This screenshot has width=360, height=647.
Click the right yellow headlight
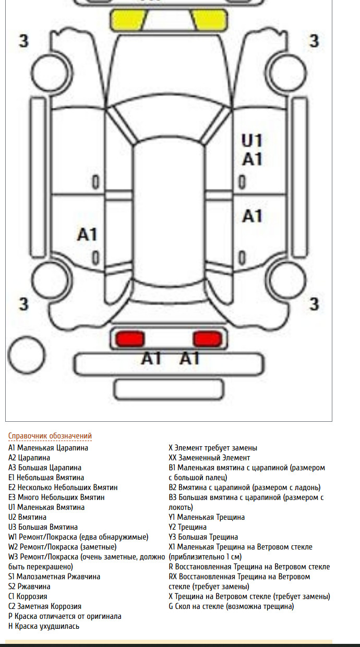click(x=210, y=20)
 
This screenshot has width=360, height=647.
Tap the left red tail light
click(x=130, y=339)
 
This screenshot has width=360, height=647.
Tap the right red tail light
click(x=208, y=339)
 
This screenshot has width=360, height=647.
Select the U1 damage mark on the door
click(x=252, y=141)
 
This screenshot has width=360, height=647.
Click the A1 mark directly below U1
click(x=252, y=159)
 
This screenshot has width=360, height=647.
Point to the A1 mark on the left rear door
click(x=87, y=234)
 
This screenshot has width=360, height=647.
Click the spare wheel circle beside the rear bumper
click(x=27, y=355)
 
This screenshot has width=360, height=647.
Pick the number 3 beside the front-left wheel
click(x=24, y=41)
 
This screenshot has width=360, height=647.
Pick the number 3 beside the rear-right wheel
click(x=314, y=304)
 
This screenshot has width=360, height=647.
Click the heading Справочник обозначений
click(x=50, y=436)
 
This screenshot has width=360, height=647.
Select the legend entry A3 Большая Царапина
click(x=45, y=467)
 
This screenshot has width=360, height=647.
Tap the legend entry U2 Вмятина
click(x=28, y=517)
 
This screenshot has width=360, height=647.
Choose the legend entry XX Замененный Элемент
click(x=209, y=458)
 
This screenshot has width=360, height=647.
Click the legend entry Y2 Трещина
click(x=188, y=527)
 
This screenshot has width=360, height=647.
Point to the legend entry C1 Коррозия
click(x=28, y=596)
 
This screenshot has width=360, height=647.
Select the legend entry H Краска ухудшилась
click(x=44, y=626)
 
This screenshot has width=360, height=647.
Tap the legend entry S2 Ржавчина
click(x=30, y=587)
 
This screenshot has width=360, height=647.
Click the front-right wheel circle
click(x=285, y=73)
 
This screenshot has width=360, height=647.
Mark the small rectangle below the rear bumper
click(x=169, y=389)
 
